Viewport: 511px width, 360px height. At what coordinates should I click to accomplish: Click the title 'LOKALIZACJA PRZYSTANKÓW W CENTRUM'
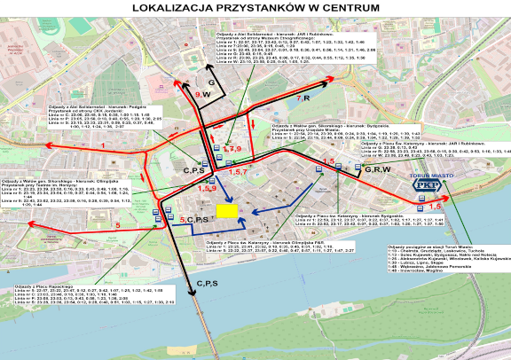tap(255, 8)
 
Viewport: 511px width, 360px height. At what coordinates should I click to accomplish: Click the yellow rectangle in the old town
tap(227, 211)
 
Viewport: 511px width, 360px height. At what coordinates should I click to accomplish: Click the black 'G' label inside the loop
tap(212, 58)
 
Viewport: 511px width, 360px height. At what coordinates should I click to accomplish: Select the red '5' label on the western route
tap(117, 226)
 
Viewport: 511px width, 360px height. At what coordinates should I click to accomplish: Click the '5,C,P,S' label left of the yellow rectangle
tap(194, 218)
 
